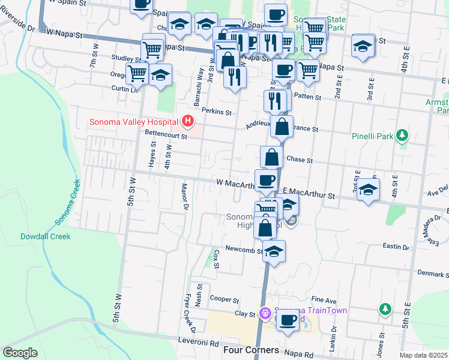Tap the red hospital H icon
click(x=188, y=122)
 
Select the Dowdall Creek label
click(x=45, y=236)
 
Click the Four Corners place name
click(x=250, y=350)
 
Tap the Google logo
click(x=20, y=353)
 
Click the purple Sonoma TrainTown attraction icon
click(x=265, y=313)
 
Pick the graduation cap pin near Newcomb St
click(x=274, y=250)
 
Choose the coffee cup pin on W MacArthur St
click(x=266, y=179)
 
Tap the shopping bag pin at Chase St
click(x=272, y=157)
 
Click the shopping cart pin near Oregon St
click(x=137, y=74)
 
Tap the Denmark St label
click(x=433, y=274)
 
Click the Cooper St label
click(x=224, y=299)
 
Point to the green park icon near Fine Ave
click(x=385, y=308)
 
